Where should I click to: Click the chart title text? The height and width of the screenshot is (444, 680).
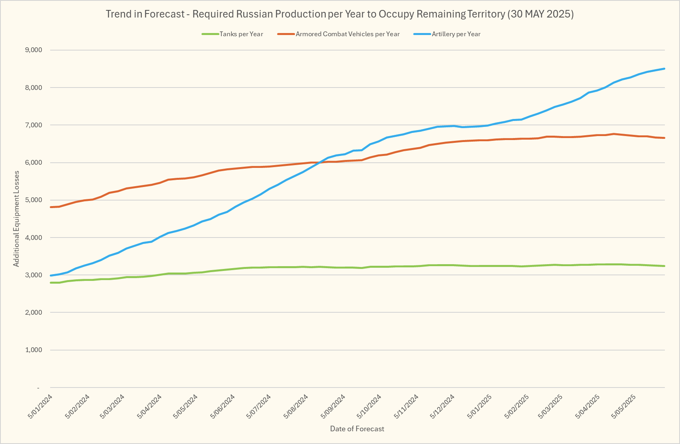click(x=340, y=14)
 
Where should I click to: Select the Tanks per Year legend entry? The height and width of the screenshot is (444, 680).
click(x=241, y=34)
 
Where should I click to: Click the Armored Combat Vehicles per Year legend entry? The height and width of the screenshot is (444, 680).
click(x=347, y=34)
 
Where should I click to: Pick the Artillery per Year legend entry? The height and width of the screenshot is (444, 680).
click(x=456, y=34)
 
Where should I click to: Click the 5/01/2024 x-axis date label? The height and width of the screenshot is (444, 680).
click(x=40, y=406)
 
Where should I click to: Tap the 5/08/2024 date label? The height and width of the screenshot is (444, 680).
click(x=296, y=406)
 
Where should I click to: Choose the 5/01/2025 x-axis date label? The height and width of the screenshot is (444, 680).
click(x=479, y=406)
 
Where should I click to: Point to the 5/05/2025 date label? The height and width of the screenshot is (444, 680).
click(x=623, y=406)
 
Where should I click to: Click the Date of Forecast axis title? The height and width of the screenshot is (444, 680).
click(x=357, y=429)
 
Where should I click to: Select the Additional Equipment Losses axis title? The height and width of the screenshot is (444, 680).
click(x=16, y=219)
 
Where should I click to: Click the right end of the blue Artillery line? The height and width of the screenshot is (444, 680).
click(x=664, y=69)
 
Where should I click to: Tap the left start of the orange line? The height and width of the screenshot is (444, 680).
click(x=51, y=207)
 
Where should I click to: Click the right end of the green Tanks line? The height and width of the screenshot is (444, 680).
click(x=664, y=266)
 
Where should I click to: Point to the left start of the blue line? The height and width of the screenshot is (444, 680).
click(x=51, y=275)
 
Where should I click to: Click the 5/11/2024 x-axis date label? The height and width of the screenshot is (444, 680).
click(x=406, y=406)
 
